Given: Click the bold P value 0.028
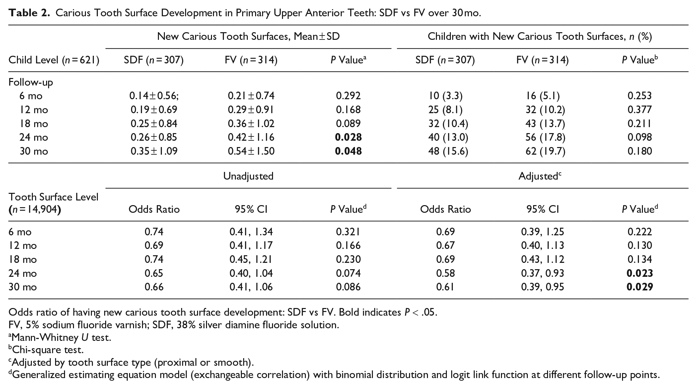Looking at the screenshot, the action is [348, 137].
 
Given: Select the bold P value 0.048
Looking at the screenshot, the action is [348, 151].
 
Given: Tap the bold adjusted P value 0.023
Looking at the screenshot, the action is [640, 273].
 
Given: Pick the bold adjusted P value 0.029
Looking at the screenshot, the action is [640, 287].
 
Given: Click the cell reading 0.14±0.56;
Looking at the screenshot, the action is [154, 96].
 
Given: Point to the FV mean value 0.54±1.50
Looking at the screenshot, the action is [251, 151].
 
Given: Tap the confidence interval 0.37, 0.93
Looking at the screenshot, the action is [542, 273].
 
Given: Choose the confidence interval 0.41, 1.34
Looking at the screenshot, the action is [251, 232].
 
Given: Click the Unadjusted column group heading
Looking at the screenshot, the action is [248, 176].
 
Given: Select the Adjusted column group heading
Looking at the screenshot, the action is [540, 176].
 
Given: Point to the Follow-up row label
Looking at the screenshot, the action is [31, 82].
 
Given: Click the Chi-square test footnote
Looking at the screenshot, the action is [46, 350].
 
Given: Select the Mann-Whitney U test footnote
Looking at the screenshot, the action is [60, 337].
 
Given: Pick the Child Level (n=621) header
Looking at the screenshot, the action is [54, 60].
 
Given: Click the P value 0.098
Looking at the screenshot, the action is [640, 137].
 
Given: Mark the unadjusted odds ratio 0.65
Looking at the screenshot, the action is [154, 273].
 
